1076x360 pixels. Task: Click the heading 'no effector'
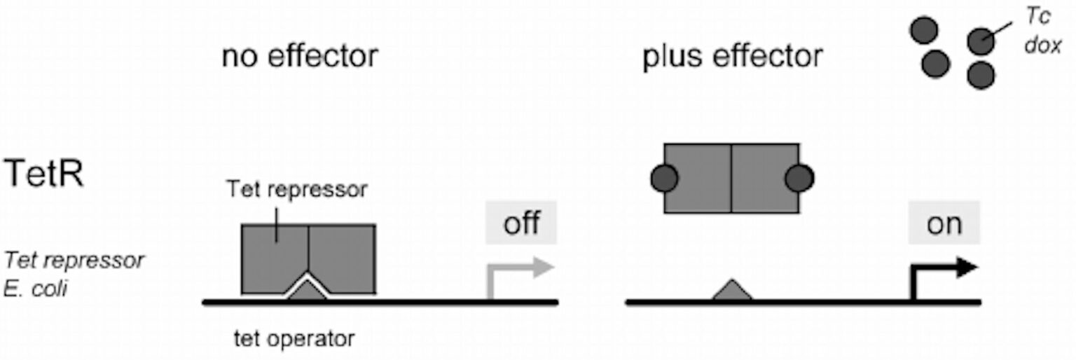tap(300, 56)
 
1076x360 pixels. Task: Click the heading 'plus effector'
tap(733, 57)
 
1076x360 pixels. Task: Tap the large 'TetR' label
tap(43, 173)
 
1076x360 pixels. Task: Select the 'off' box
tap(521, 223)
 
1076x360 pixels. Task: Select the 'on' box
tap(944, 223)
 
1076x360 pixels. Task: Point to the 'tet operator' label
tap(294, 338)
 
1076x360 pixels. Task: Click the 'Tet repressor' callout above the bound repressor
tap(297, 189)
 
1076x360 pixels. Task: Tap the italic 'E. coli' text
tap(35, 289)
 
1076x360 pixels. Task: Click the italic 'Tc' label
tap(1037, 16)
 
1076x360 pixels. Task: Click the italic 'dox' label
tap(1042, 46)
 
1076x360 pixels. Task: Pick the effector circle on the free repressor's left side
tap(664, 178)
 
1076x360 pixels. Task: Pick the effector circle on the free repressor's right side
tap(799, 178)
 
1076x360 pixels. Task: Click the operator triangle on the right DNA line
tap(732, 289)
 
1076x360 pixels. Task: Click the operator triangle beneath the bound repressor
tap(307, 291)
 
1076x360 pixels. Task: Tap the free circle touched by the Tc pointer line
tap(981, 42)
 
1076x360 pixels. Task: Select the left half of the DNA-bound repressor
tap(275, 258)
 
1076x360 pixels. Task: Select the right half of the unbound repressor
tap(766, 178)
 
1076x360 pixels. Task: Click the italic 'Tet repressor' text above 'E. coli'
tap(74, 261)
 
